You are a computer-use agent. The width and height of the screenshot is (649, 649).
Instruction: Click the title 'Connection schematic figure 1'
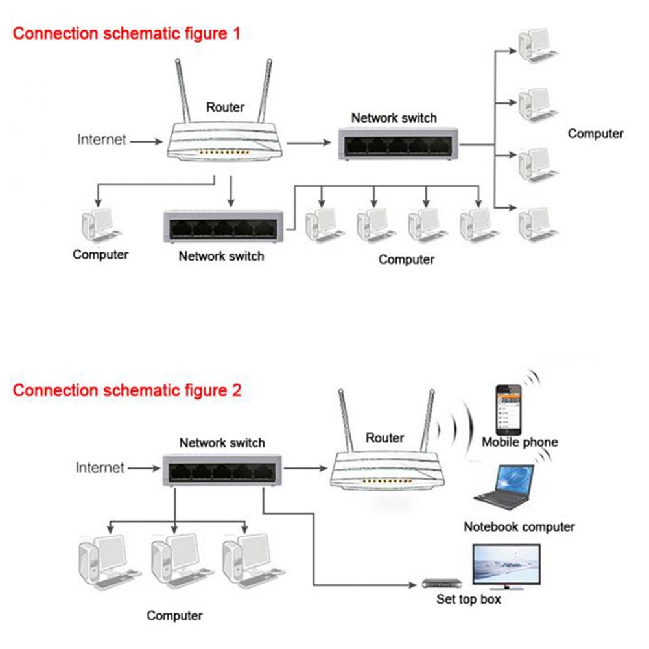[126, 33]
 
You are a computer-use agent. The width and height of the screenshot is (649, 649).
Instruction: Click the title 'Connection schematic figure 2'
[127, 390]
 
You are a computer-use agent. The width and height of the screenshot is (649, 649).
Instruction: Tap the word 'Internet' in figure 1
[102, 139]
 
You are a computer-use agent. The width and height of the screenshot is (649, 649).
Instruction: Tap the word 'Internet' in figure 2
[100, 467]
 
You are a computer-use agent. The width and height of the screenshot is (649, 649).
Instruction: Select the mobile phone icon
[509, 410]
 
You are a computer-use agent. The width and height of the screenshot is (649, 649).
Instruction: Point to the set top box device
[441, 583]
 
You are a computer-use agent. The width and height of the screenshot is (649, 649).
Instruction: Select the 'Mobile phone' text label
[519, 442]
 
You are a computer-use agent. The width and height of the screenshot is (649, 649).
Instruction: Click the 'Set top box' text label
[468, 599]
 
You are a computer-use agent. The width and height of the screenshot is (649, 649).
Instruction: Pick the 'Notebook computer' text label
[519, 526]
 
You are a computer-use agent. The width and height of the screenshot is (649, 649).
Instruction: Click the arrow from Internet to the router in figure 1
[147, 140]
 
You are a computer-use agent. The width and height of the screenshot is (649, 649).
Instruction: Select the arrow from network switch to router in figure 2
[305, 467]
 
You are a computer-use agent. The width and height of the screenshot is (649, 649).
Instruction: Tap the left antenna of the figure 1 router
[183, 91]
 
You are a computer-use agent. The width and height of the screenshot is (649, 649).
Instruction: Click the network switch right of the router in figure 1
[397, 144]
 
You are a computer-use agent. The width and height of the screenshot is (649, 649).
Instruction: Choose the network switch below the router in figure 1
[224, 227]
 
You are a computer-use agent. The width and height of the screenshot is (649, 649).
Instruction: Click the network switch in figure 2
[222, 469]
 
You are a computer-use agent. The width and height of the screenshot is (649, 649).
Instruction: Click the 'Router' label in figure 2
[384, 438]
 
